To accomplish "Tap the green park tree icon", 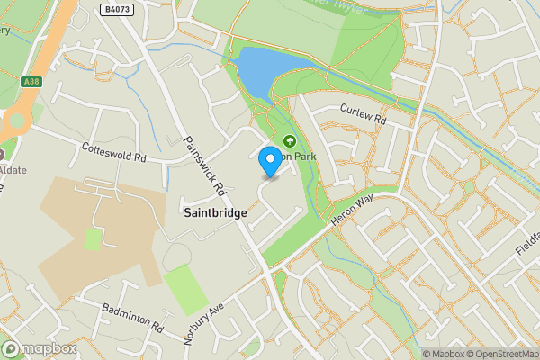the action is [290, 141].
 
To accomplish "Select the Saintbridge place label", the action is [215, 212].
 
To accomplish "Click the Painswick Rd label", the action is [202, 166].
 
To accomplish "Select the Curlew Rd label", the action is [363, 114].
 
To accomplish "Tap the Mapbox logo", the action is [39, 349].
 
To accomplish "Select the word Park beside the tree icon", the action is [310, 154].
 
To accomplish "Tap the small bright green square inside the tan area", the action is [93, 238].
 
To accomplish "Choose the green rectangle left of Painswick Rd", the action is [187, 290].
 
